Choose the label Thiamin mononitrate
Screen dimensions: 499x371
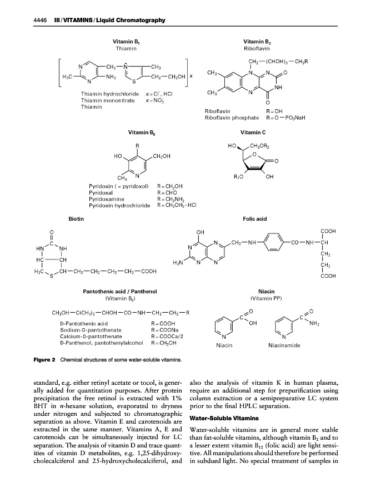(x=106, y=100)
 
